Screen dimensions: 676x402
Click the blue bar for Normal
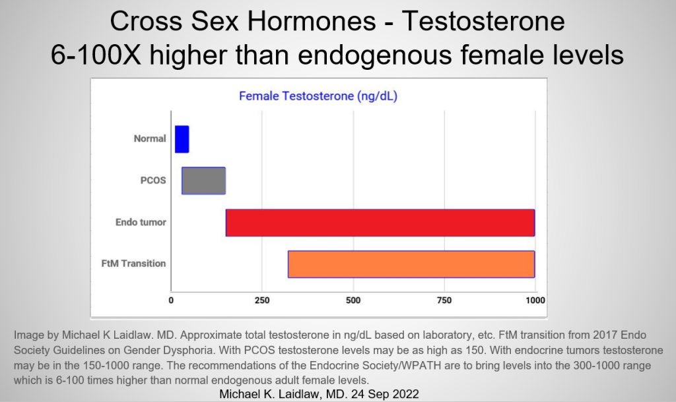coord(182,139)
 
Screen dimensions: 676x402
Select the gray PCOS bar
coord(203,181)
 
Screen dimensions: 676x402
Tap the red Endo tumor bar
coord(380,223)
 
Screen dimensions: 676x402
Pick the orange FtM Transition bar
coord(411,264)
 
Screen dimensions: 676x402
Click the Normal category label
coord(150,138)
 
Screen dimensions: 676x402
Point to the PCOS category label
coord(153,181)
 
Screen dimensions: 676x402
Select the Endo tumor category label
coord(141,222)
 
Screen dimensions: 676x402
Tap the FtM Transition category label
coord(133,264)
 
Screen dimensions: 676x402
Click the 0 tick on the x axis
coord(171,301)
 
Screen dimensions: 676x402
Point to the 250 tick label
coord(262,301)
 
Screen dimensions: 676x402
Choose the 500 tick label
coord(353,301)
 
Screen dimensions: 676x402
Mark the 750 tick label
coord(444,301)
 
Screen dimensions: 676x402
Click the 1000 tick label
coord(535,301)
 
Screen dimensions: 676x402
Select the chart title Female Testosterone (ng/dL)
coord(318,96)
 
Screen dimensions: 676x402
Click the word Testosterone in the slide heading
coord(483,21)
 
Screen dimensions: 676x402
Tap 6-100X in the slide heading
coord(96,55)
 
